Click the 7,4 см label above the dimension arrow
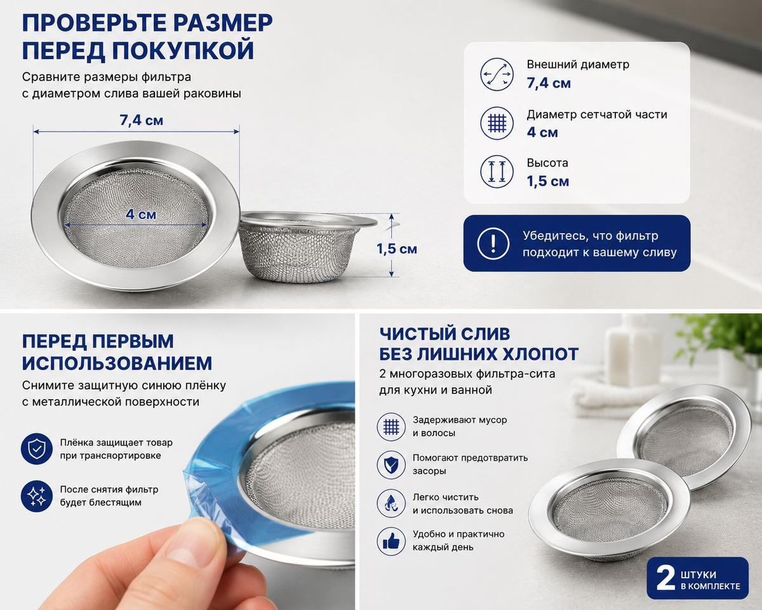click(141, 121)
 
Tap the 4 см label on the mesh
click(141, 214)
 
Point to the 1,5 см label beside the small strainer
click(397, 249)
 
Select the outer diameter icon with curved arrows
click(497, 74)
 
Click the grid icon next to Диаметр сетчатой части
click(497, 123)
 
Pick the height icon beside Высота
click(497, 172)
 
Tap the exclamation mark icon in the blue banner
click(493, 243)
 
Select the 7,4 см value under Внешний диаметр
click(549, 83)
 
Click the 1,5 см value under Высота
click(548, 182)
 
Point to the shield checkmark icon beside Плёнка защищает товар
click(36, 449)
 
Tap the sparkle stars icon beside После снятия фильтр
click(36, 496)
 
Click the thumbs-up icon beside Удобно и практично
click(391, 541)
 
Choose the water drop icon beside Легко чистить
click(391, 503)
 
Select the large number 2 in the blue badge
click(665, 578)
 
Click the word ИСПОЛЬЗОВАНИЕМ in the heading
click(117, 363)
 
